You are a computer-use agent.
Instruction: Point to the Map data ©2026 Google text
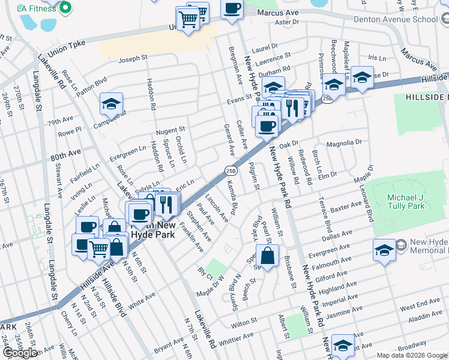tap(411, 355)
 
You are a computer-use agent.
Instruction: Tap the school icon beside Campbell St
tap(112, 104)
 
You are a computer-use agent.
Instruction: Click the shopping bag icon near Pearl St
tap(268, 256)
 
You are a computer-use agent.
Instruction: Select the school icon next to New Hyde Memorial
tap(384, 250)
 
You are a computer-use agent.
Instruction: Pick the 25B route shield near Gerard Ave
tap(231, 170)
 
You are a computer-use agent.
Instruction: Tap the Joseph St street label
tap(133, 59)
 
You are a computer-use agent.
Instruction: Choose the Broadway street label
tap(412, 347)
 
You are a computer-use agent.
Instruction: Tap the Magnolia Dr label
tap(344, 143)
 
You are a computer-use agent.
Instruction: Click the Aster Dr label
tap(286, 22)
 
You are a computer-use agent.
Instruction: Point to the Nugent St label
tap(170, 130)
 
